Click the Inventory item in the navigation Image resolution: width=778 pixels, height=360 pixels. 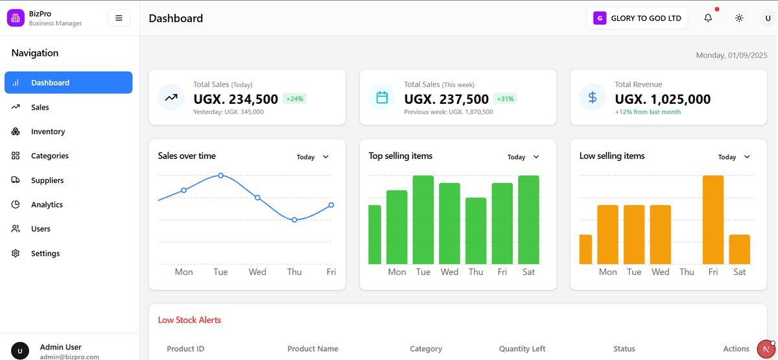(48, 132)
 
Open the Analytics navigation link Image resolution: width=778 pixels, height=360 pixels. (47, 205)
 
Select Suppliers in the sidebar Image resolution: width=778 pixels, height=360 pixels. (47, 180)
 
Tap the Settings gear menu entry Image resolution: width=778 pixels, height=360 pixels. (45, 254)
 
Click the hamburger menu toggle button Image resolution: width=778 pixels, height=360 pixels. (119, 18)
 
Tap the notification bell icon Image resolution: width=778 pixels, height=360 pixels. (708, 18)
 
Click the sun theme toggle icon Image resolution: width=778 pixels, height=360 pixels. (739, 18)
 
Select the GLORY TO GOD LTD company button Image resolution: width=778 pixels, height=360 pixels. (637, 18)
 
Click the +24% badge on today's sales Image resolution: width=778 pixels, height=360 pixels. (294, 99)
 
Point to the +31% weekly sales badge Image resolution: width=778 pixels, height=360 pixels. (505, 99)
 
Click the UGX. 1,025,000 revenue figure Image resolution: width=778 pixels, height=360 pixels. (663, 99)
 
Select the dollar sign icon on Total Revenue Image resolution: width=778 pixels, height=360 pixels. (592, 97)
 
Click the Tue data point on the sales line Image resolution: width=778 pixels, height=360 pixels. (220, 176)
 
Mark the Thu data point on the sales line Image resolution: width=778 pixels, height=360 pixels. (294, 220)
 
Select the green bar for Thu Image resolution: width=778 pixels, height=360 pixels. (476, 230)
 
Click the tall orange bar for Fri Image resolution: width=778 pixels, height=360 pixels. (713, 219)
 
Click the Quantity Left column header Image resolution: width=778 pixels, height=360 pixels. (522, 349)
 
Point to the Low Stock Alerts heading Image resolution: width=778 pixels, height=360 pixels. (189, 320)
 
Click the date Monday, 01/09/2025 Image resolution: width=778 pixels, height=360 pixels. (731, 56)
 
